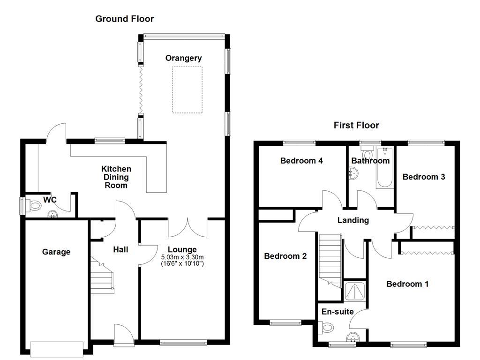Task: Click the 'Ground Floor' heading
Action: click(x=124, y=19)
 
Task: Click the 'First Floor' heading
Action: click(x=356, y=125)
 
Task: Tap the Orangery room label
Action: click(x=184, y=58)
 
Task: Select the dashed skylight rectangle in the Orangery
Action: click(x=187, y=90)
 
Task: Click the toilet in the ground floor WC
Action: click(x=35, y=205)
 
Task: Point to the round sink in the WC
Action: click(x=53, y=214)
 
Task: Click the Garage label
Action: click(x=56, y=252)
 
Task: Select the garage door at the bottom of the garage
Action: click(x=56, y=347)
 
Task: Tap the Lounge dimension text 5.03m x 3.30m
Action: click(x=183, y=258)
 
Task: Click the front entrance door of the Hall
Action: click(x=123, y=334)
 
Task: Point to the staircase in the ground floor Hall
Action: click(x=102, y=277)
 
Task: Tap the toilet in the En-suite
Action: click(x=328, y=327)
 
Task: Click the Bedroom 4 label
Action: click(x=301, y=161)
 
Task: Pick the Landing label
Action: click(x=353, y=220)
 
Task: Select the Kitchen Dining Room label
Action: click(x=116, y=177)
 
